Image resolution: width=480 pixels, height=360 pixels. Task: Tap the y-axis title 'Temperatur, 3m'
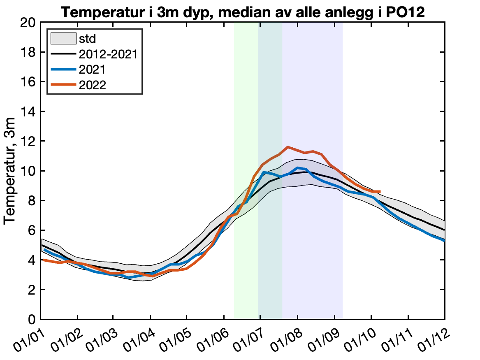click(10, 171)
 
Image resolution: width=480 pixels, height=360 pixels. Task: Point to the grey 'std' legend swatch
click(63, 39)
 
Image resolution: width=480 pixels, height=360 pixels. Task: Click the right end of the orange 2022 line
click(380, 191)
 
